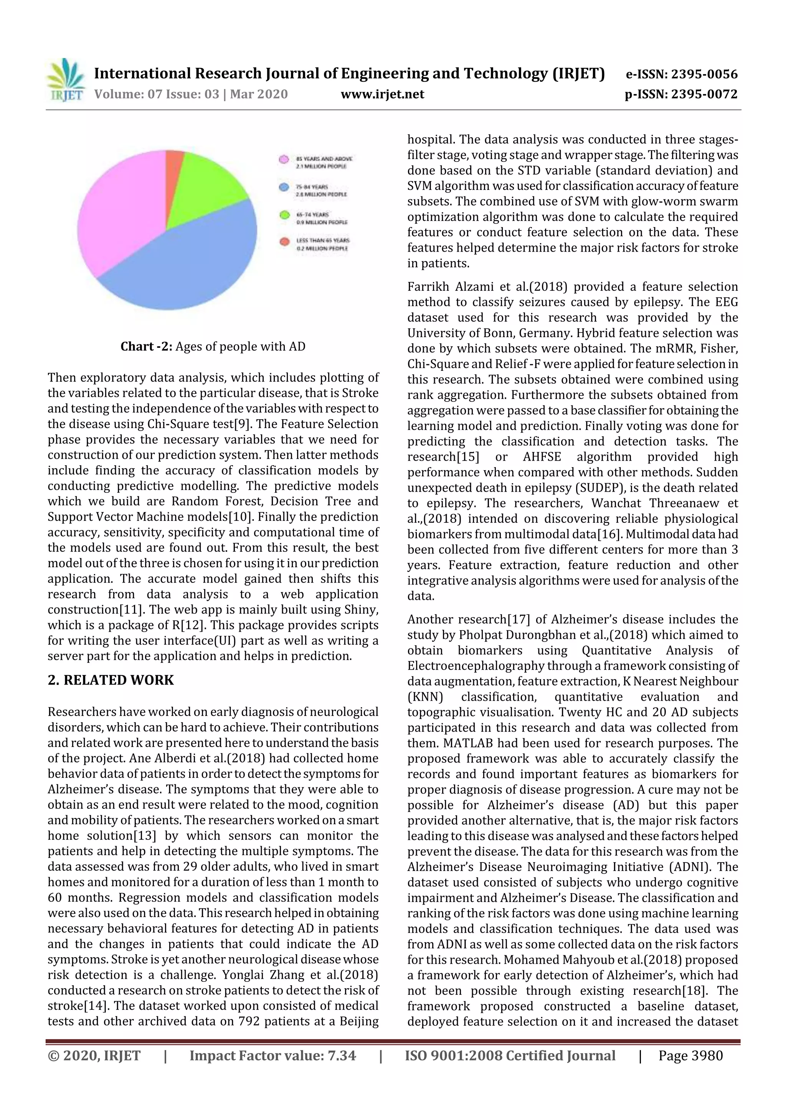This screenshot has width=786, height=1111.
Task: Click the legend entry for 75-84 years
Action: click(315, 190)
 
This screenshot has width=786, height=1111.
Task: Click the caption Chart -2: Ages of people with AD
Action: click(213, 346)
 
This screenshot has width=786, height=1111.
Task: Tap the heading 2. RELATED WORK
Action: click(111, 680)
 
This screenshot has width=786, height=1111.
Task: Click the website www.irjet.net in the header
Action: click(382, 94)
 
